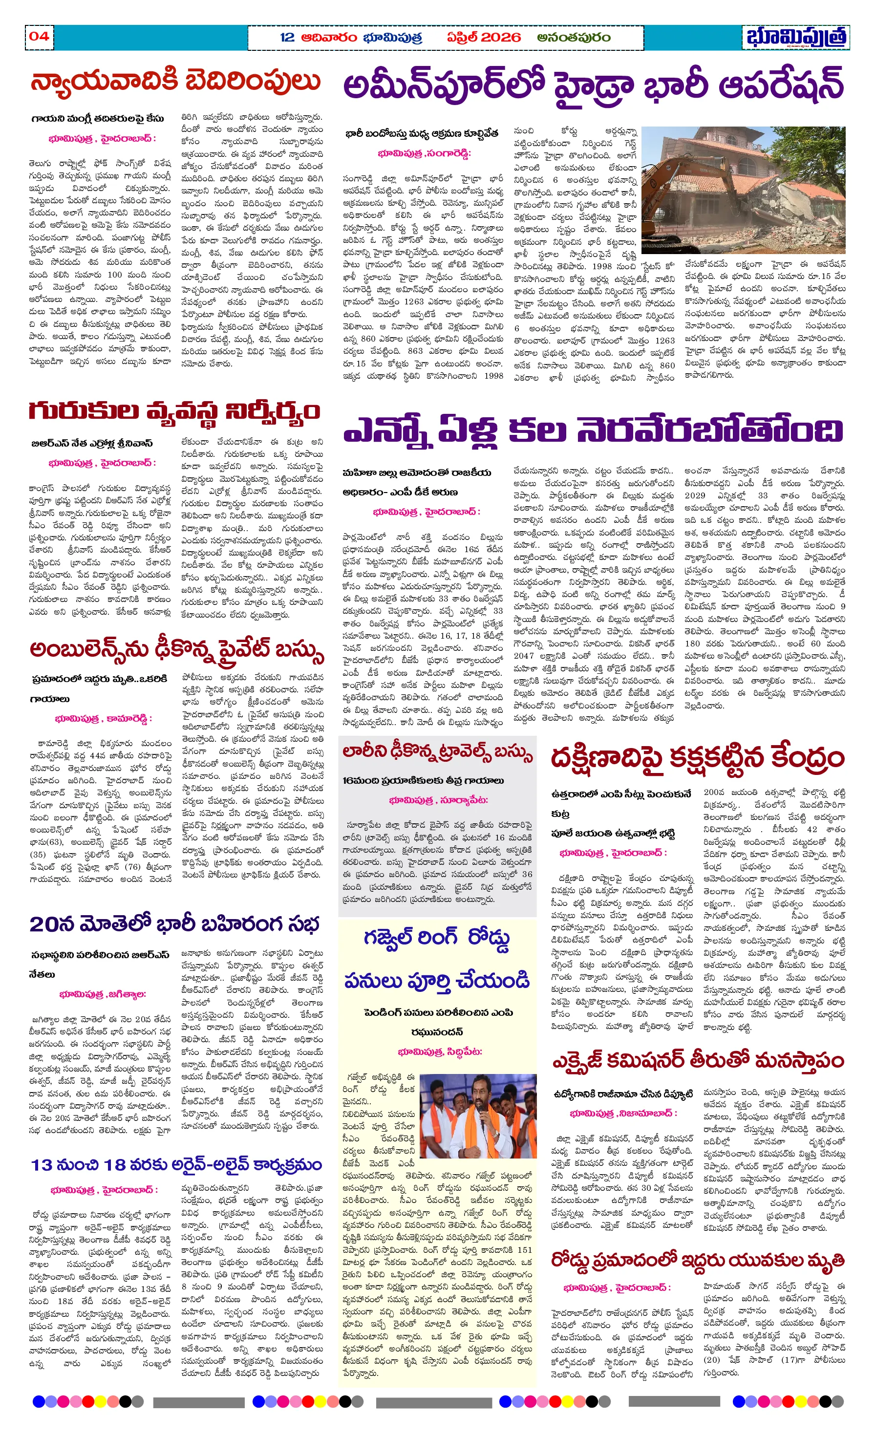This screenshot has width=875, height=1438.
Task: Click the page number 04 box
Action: pos(39,36)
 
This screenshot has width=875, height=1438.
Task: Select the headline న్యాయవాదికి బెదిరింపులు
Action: pos(175,83)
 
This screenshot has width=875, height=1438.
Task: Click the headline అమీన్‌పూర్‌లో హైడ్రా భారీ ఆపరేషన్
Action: pos(593,85)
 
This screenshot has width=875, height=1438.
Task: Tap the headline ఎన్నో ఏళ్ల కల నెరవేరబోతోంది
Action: pos(593,430)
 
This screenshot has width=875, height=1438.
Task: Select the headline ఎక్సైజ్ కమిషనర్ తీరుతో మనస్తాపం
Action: pos(698,1059)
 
